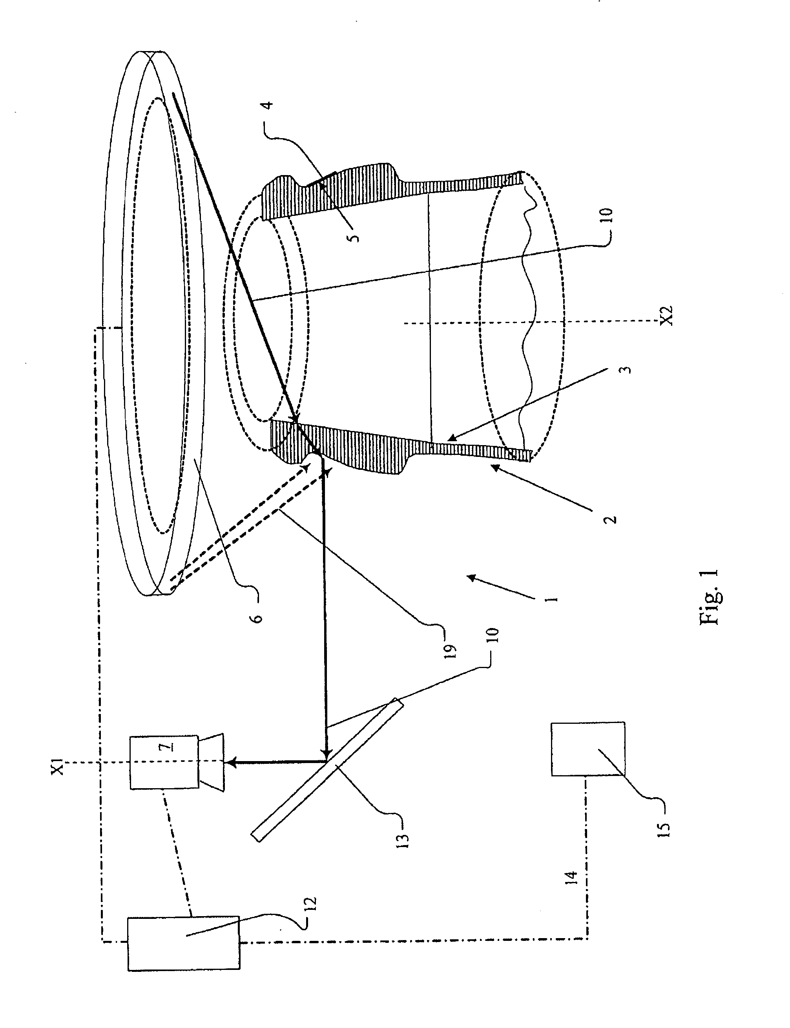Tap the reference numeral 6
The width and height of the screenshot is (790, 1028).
point(257,617)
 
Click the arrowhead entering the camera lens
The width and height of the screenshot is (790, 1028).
point(230,761)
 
